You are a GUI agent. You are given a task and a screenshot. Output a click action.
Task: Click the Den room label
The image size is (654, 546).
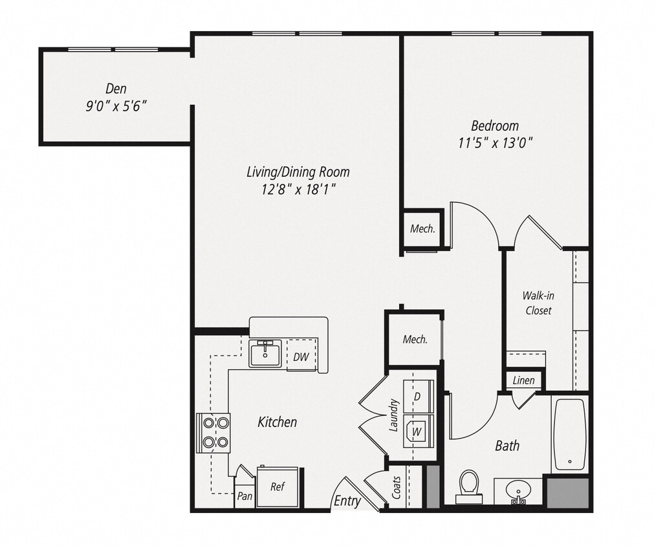(x=116, y=88)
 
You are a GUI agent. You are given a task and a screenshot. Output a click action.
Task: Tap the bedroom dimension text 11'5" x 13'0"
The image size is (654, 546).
(x=495, y=142)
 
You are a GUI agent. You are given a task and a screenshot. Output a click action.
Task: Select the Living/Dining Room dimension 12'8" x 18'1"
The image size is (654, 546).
(x=298, y=189)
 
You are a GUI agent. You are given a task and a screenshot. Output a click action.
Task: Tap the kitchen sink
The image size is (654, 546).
(x=265, y=354)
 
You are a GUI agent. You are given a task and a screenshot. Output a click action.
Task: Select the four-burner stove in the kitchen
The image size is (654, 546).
(x=213, y=433)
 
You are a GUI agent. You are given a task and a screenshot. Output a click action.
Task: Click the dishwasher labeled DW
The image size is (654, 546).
(x=300, y=356)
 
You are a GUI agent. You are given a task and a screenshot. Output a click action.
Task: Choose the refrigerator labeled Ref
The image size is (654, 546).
(x=277, y=487)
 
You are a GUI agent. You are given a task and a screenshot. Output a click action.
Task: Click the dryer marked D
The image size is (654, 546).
(x=417, y=395)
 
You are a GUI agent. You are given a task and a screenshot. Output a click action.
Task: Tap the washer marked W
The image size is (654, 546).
(x=417, y=428)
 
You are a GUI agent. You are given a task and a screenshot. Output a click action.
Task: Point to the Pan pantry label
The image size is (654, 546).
(x=245, y=496)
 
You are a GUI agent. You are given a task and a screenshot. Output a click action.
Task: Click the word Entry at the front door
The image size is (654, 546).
(x=347, y=501)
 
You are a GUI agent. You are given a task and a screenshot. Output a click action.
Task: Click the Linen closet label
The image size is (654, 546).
(x=523, y=380)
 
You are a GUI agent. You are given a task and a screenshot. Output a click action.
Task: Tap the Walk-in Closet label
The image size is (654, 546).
(x=538, y=303)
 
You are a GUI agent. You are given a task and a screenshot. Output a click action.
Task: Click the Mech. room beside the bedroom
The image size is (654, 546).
(x=422, y=228)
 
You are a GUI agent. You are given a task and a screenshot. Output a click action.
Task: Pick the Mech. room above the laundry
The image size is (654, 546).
(x=414, y=339)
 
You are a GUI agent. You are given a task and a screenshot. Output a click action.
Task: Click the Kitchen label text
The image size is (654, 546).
(x=278, y=422)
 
